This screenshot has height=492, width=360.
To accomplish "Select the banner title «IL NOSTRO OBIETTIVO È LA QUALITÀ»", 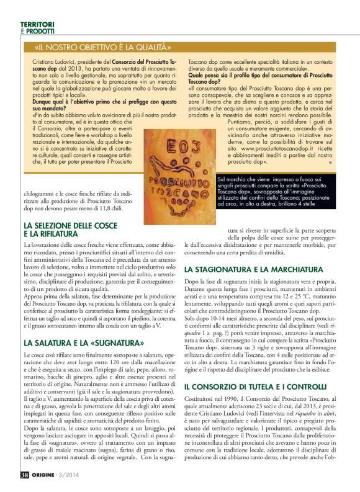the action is (104, 47).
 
